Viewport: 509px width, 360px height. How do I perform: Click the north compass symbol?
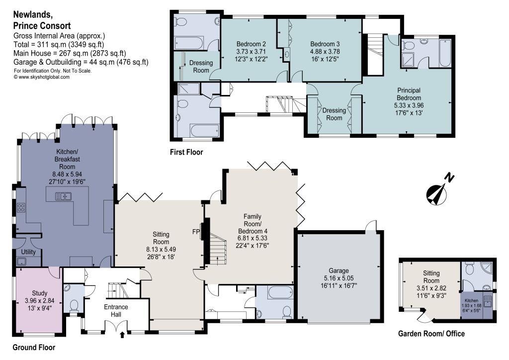(x=439, y=191)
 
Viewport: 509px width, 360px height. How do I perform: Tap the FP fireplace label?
(x=196, y=232)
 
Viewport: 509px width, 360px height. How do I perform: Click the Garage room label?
(x=339, y=270)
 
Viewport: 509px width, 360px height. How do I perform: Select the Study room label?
(x=40, y=293)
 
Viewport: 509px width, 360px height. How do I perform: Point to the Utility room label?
(x=28, y=252)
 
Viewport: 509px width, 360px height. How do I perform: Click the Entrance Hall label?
(x=116, y=311)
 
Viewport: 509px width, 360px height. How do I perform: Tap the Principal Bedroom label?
(x=409, y=94)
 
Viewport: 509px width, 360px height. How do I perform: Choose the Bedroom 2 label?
(x=251, y=44)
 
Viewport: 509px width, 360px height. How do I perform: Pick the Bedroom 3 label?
(x=325, y=44)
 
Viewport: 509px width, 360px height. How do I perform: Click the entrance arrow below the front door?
(x=122, y=334)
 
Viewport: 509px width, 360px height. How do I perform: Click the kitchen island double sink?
(x=63, y=196)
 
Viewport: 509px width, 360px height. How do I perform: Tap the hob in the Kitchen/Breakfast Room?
(x=21, y=207)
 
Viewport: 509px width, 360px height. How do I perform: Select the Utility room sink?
(x=22, y=262)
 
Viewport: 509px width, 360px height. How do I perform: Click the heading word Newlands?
(x=32, y=14)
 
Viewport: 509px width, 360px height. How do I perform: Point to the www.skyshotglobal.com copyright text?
(x=42, y=77)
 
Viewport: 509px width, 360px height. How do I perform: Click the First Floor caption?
(x=186, y=152)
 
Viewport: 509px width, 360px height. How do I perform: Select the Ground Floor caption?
(x=34, y=348)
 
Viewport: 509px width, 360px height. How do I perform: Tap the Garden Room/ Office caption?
(x=431, y=334)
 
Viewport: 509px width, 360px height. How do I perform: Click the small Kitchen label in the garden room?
(x=471, y=301)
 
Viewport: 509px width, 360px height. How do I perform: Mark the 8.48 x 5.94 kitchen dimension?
(x=67, y=175)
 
